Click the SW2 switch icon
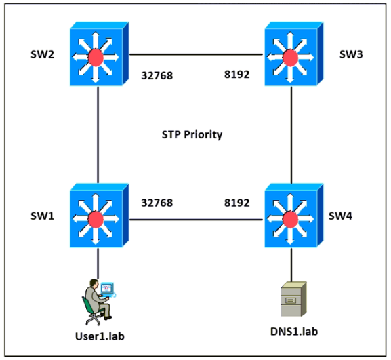pyautogui.click(x=99, y=54)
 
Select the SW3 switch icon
pyautogui.click(x=294, y=54)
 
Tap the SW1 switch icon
pyautogui.click(x=99, y=216)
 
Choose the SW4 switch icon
pyautogui.click(x=294, y=216)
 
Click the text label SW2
pyautogui.click(x=43, y=54)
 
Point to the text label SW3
pyautogui.click(x=351, y=54)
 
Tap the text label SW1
pyautogui.click(x=43, y=216)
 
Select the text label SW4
pyautogui.click(x=340, y=216)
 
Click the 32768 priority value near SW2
pyautogui.click(x=157, y=75)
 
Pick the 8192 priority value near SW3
pyautogui.click(x=237, y=75)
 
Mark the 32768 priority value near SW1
pyautogui.click(x=157, y=203)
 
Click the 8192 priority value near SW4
pyautogui.click(x=237, y=203)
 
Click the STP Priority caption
pyautogui.click(x=192, y=135)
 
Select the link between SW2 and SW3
pyautogui.click(x=197, y=54)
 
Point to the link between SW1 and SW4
pyautogui.click(x=197, y=220)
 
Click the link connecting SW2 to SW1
pyautogui.click(x=98, y=135)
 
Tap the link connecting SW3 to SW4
pyautogui.click(x=291, y=135)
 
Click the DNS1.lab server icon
pyautogui.click(x=293, y=299)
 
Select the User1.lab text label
pyautogui.click(x=100, y=336)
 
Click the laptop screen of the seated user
pyautogui.click(x=107, y=288)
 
